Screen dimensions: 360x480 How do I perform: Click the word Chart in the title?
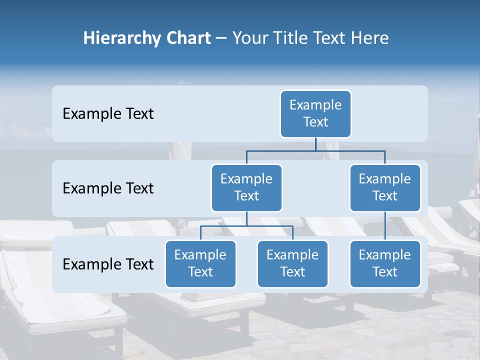pos(185,38)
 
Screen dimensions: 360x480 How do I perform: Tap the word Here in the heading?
pos(370,38)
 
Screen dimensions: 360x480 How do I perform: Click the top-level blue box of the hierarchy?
pos(315,114)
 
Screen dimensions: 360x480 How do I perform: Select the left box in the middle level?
pos(246,188)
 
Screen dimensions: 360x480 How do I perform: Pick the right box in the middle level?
pos(385,188)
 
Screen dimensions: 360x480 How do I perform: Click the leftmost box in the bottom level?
pos(200,264)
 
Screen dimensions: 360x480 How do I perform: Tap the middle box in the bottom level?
pos(292,264)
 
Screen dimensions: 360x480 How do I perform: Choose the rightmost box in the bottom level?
pos(385,264)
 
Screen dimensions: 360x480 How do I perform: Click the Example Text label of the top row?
pos(108,114)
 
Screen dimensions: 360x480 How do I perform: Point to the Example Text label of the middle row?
pos(108,188)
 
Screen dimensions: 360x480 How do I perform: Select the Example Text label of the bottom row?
pos(108,264)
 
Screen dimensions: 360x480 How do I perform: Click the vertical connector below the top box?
pos(315,144)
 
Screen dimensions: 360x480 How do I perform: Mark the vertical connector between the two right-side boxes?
pos(385,226)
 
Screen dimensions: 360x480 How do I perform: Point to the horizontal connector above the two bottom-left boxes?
pos(246,226)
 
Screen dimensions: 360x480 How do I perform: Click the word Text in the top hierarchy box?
pos(315,122)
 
